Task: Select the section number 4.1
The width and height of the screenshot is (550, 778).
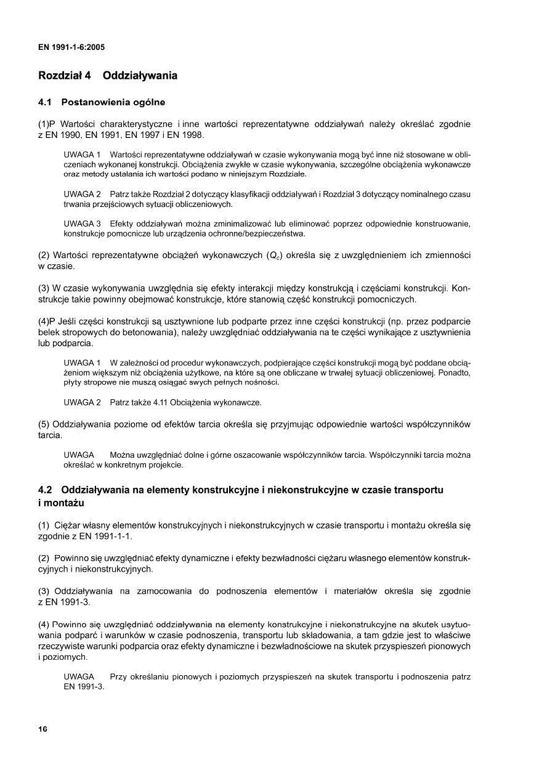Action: [x=44, y=102]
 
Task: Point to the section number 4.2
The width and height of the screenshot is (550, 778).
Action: [x=44, y=490]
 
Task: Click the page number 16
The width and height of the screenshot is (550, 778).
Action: [x=42, y=729]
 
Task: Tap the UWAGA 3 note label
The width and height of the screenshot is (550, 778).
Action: [x=82, y=223]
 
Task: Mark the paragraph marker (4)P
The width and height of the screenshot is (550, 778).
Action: [x=47, y=322]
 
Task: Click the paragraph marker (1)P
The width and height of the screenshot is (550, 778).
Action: [x=47, y=124]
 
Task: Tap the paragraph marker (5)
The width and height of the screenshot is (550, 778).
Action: [x=44, y=424]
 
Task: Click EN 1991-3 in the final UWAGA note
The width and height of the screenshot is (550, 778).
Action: [x=84, y=687]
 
